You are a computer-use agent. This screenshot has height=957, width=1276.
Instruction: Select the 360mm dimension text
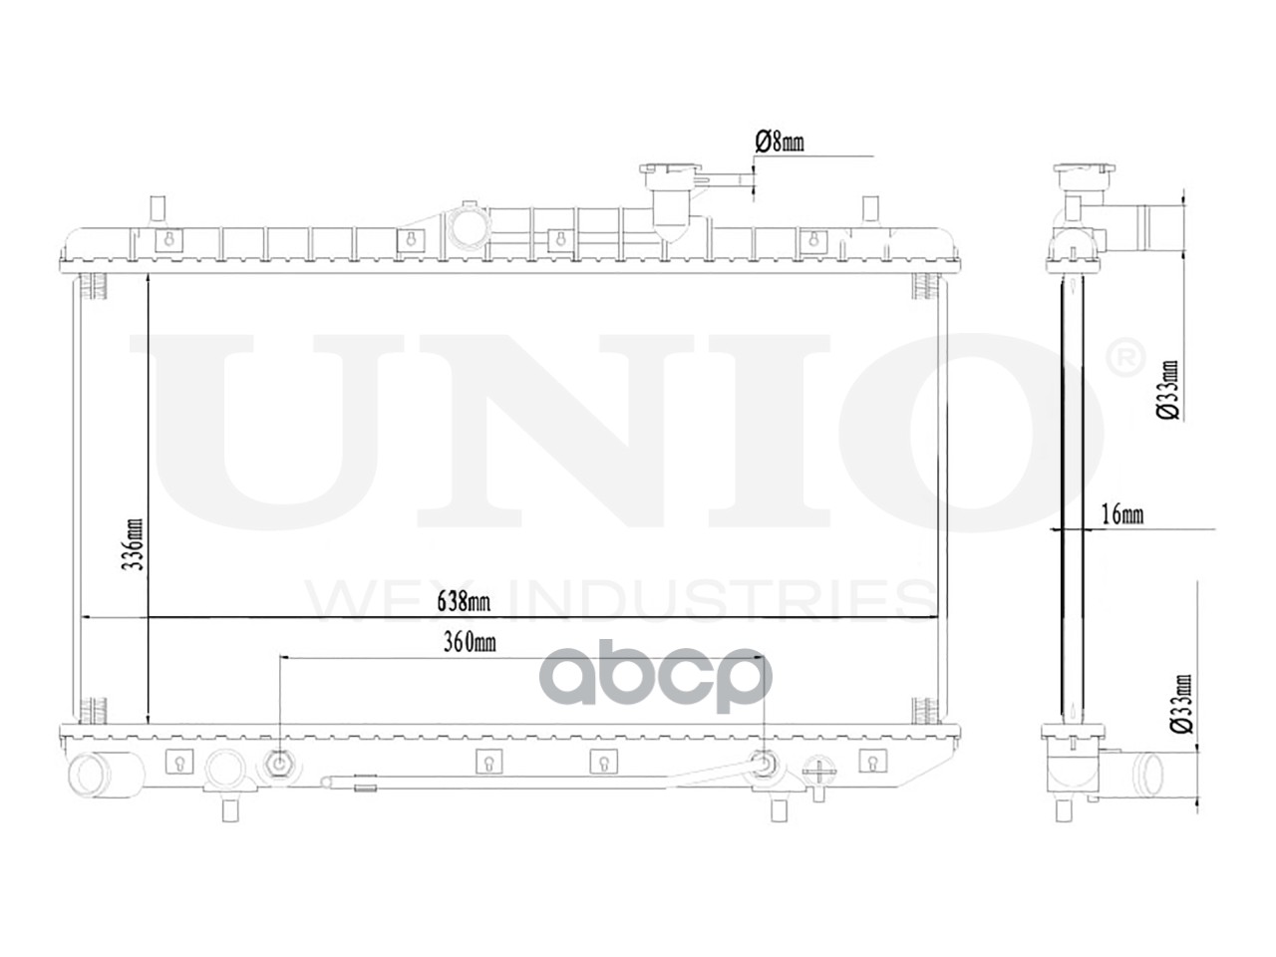(x=469, y=643)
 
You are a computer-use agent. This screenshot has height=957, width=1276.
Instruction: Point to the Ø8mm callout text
(x=780, y=143)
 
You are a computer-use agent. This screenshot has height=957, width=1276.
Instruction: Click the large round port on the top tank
(x=468, y=227)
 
